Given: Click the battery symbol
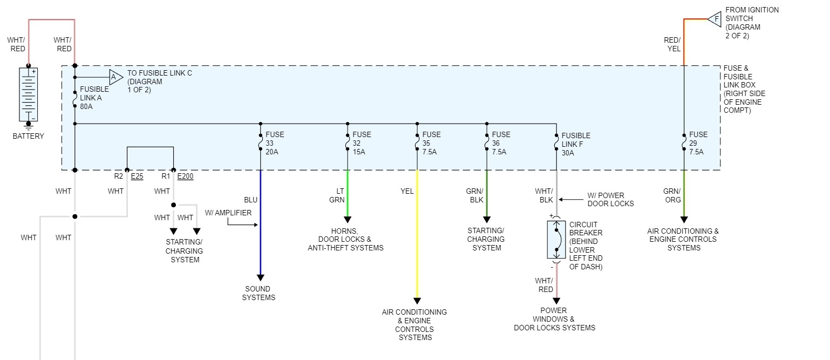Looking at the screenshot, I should click(x=29, y=95).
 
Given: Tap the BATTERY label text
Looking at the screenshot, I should click(x=29, y=136).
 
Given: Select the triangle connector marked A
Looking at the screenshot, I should click(x=115, y=77).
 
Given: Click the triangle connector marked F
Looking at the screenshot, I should click(x=715, y=19).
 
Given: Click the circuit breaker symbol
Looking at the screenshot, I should click(x=556, y=240).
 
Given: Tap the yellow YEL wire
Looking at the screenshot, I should click(x=417, y=237).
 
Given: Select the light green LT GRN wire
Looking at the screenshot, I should click(x=347, y=194).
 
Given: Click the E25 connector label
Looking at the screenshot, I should click(x=137, y=176).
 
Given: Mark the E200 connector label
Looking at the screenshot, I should click(x=185, y=176).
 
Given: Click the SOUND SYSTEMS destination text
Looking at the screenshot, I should click(x=258, y=293).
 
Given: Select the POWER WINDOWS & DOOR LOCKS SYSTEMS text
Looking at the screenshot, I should click(x=554, y=319).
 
